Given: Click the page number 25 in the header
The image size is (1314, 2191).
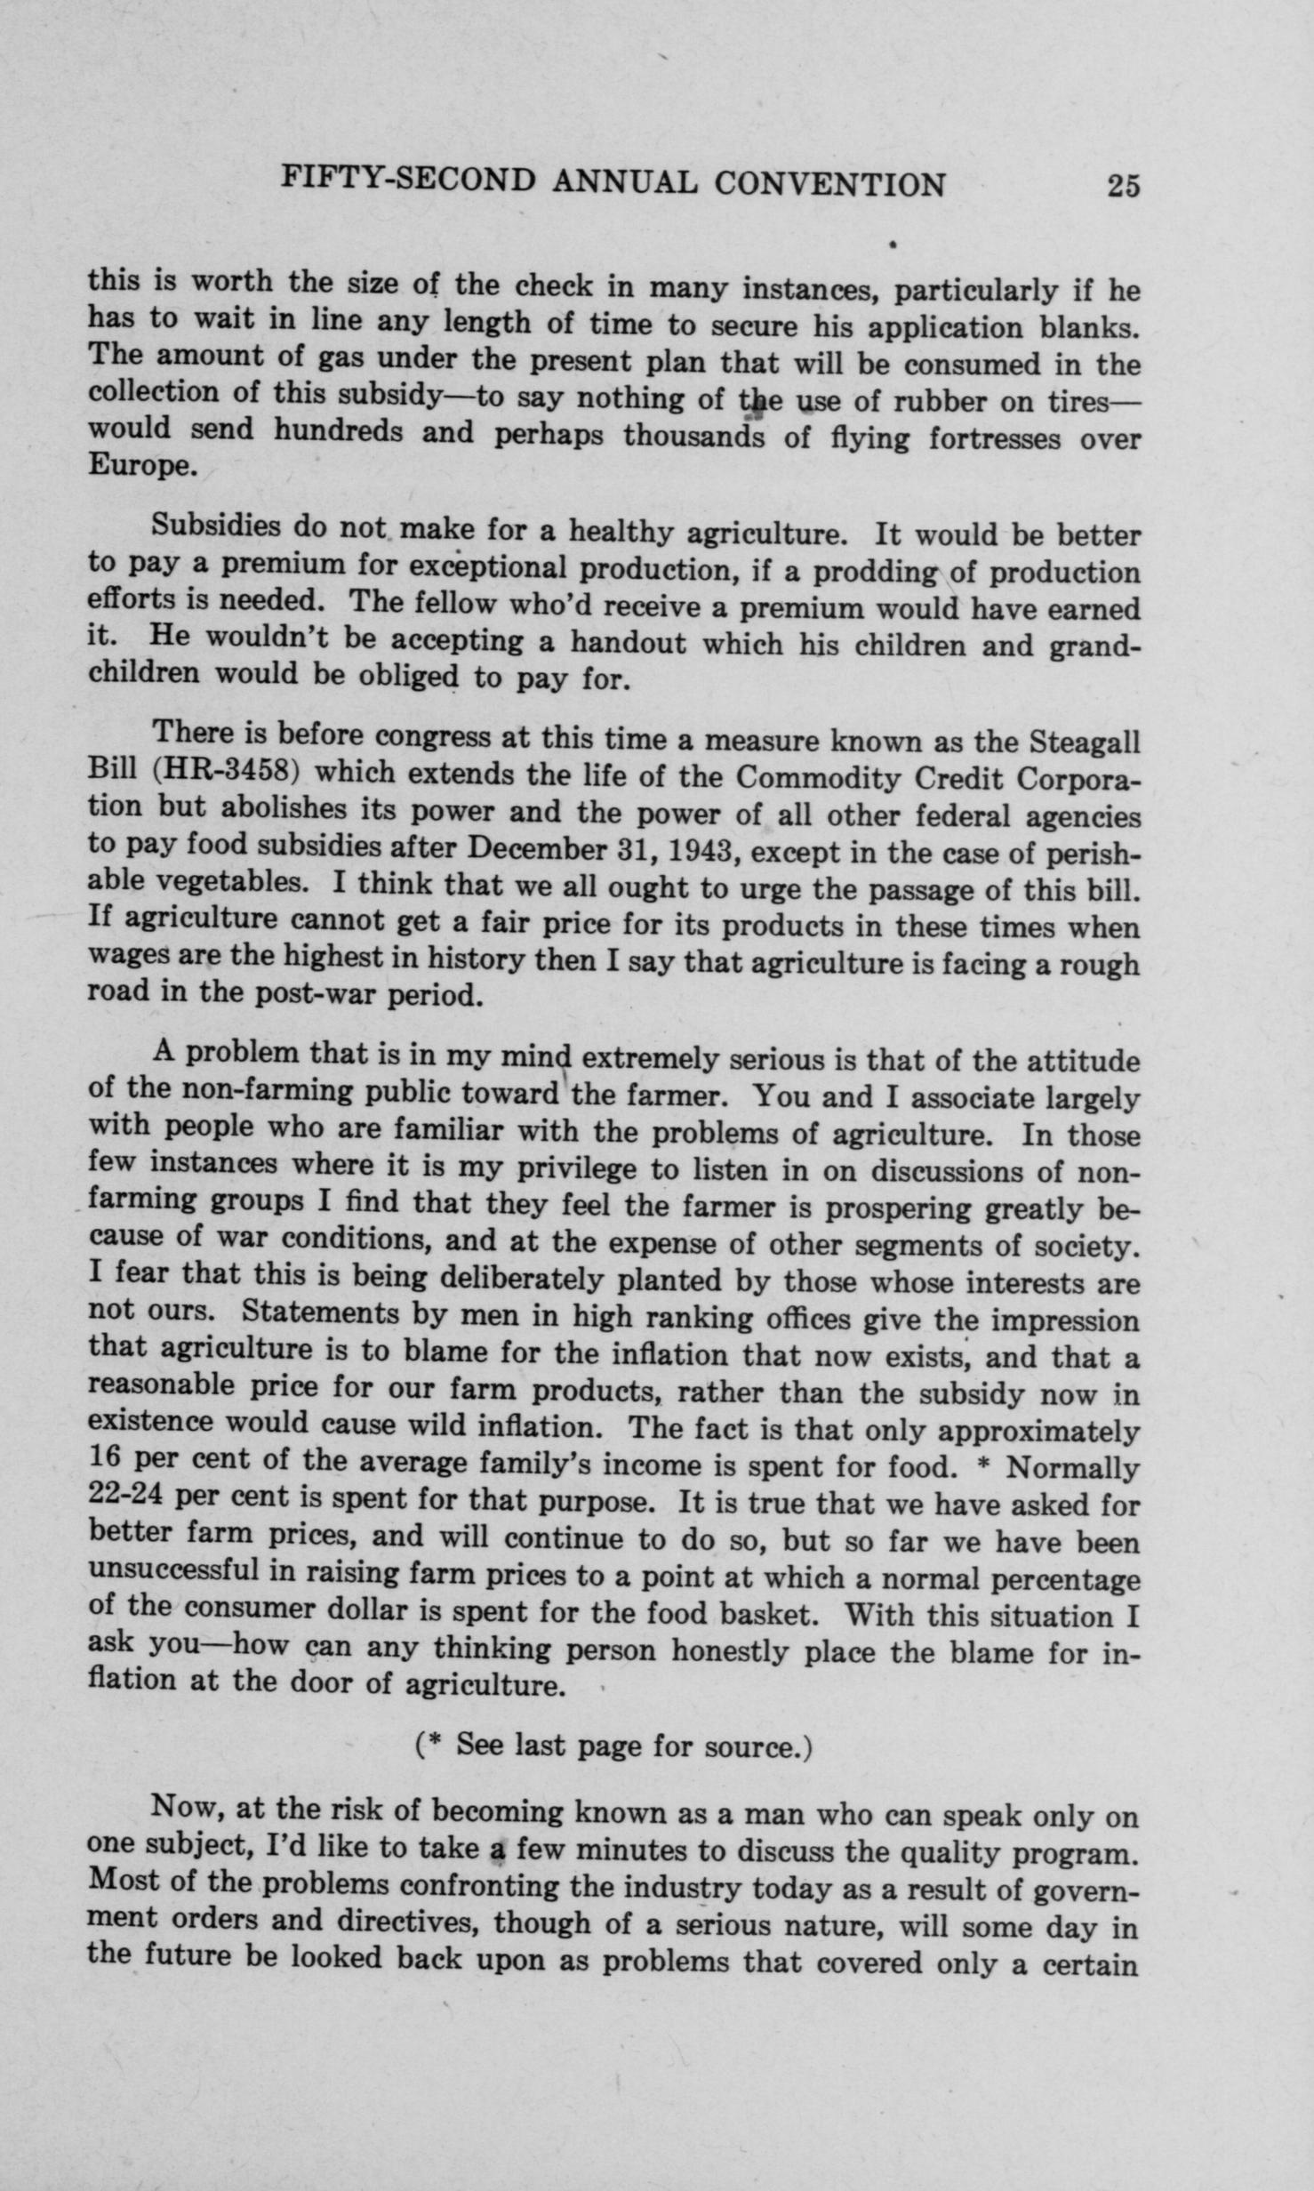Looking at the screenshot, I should point(1123,187).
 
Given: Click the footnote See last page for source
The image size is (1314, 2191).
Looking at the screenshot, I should point(613,1746).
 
